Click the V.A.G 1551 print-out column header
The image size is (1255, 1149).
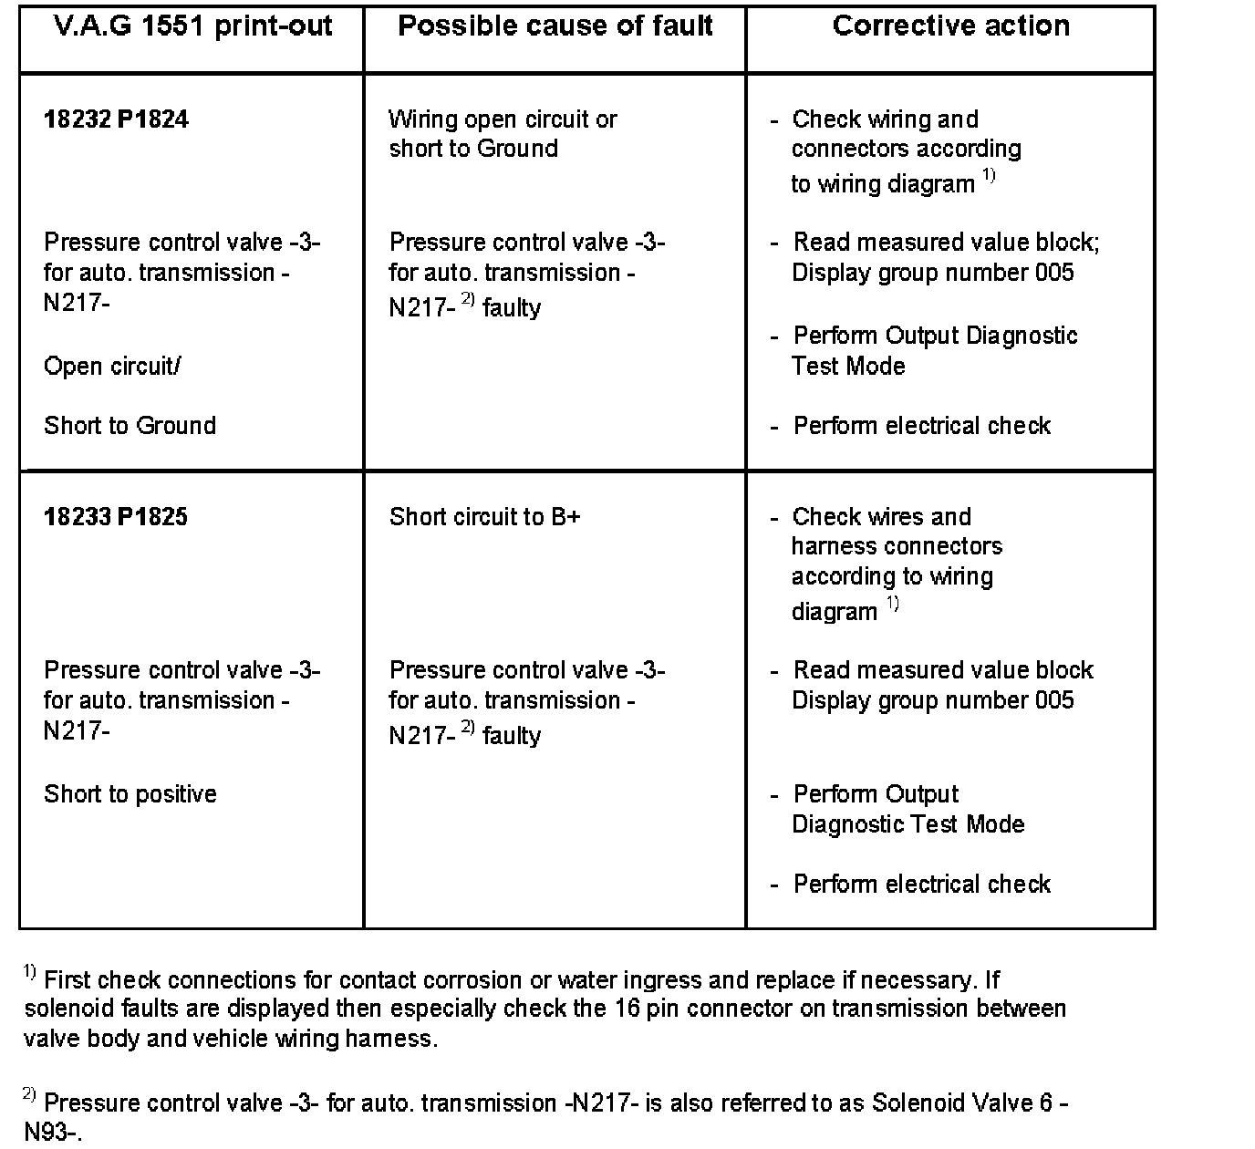tap(192, 26)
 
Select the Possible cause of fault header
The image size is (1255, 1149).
tap(555, 26)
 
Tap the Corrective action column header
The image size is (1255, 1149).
tap(951, 26)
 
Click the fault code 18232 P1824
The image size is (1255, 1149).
tap(116, 119)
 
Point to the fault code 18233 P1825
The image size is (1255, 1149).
tap(116, 517)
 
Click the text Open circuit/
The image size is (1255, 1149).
tap(112, 367)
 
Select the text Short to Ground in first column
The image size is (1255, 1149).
tap(130, 426)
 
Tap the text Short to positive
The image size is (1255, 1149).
tap(130, 794)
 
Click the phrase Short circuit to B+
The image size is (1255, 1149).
tap(484, 517)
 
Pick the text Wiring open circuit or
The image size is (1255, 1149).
tap(503, 119)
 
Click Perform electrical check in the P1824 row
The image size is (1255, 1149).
tap(921, 426)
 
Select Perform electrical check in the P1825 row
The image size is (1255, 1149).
tap(921, 885)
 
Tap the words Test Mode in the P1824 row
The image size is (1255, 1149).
tap(848, 367)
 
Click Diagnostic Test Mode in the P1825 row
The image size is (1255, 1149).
tap(908, 824)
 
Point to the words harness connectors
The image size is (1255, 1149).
tap(897, 546)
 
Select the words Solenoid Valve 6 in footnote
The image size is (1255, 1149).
tap(963, 1103)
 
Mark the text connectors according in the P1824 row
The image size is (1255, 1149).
tap(906, 149)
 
